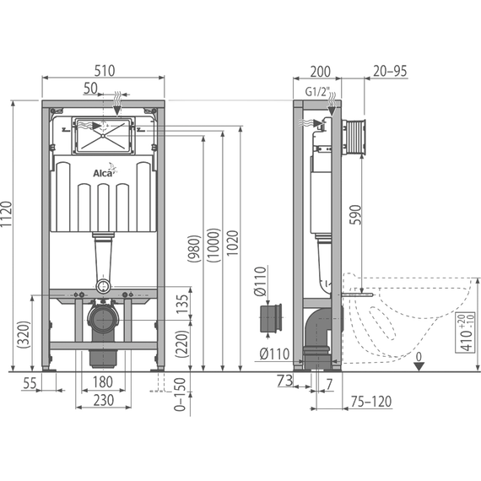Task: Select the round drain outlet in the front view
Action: (x=105, y=322)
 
